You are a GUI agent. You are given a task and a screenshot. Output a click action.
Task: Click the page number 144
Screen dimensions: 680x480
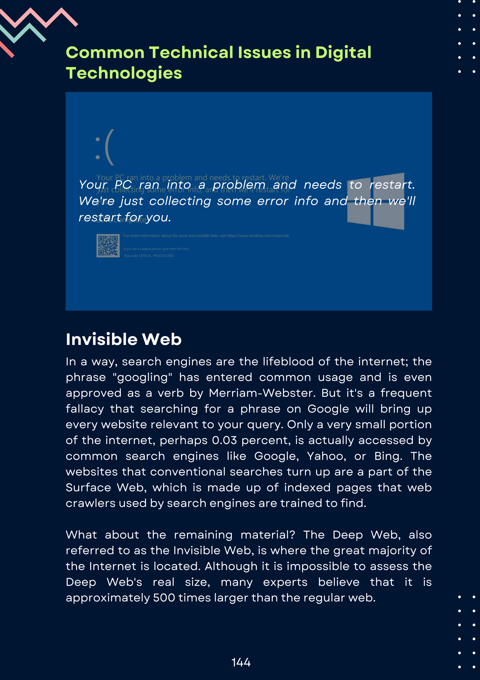pos(241,663)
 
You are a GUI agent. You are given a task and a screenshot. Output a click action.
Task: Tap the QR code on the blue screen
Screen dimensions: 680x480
pos(108,246)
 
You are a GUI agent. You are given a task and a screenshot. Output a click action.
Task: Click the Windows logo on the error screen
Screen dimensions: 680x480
pos(376,201)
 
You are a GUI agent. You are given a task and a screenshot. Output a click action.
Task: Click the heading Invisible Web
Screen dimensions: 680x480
pos(124,340)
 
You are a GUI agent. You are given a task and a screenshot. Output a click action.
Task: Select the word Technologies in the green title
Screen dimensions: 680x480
pos(124,73)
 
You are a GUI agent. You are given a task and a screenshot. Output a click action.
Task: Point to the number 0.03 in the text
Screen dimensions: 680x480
pos(224,441)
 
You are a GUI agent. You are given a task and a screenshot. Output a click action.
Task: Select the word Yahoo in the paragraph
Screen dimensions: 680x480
pos(326,456)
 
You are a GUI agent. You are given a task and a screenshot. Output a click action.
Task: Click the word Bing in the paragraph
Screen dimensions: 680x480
pos(388,456)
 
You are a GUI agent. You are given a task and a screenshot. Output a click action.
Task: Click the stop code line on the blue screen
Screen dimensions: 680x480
pos(149,256)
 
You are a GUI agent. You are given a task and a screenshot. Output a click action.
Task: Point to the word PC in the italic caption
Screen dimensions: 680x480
pos(123,185)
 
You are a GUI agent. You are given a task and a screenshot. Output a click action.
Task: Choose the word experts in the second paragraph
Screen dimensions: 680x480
pos(285,582)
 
